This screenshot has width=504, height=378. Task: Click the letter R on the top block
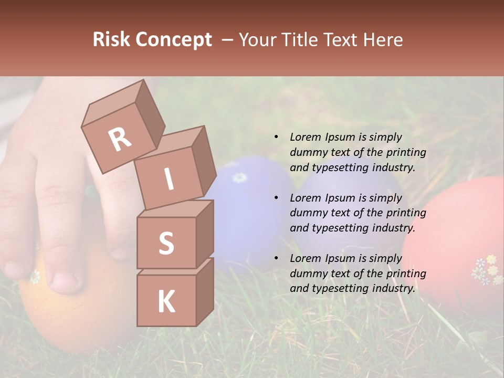coord(120,140)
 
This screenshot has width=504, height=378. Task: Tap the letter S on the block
coord(166,243)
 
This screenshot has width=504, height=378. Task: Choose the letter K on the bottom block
coord(166,302)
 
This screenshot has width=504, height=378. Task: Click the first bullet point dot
coord(276,138)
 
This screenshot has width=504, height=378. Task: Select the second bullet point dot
coord(276,198)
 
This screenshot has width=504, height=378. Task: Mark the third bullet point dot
coord(276,258)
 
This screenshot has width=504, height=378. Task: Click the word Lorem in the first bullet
coord(305,137)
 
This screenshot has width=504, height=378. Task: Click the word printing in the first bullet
coord(406,152)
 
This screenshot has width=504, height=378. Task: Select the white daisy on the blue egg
coord(239,177)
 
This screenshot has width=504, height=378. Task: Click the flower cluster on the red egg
coord(487,269)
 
